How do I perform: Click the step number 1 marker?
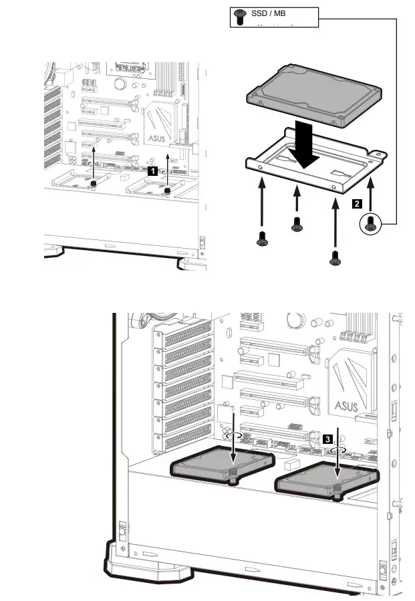(152, 171)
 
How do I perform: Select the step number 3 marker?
(327, 439)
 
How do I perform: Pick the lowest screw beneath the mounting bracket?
(334, 255)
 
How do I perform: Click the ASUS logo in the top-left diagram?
(156, 138)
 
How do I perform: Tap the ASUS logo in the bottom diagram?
(346, 404)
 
